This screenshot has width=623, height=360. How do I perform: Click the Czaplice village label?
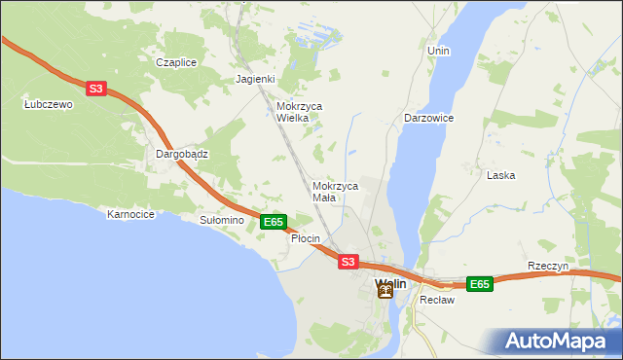(x=176, y=62)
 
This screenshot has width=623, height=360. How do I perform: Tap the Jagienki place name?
(x=256, y=80)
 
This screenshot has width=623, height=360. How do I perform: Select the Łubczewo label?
(x=49, y=105)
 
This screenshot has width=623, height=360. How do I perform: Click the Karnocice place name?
(x=131, y=214)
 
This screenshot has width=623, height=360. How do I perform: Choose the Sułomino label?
(x=221, y=221)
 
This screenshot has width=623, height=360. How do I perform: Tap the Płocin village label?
(x=306, y=238)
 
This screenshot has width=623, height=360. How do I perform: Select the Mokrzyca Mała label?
(x=335, y=191)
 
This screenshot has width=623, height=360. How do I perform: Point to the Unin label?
(x=438, y=50)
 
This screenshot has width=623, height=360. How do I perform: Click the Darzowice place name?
(x=429, y=118)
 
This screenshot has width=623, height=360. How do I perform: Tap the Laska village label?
(x=500, y=176)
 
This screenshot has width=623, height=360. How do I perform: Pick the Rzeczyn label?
(x=547, y=267)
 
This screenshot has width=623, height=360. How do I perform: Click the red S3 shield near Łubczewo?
(x=95, y=89)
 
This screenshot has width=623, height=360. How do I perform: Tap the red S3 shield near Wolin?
(x=348, y=262)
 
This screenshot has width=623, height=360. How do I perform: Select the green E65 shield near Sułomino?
(x=274, y=222)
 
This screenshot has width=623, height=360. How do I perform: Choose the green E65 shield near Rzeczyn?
(x=479, y=284)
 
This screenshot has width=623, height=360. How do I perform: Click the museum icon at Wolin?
(x=385, y=291)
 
